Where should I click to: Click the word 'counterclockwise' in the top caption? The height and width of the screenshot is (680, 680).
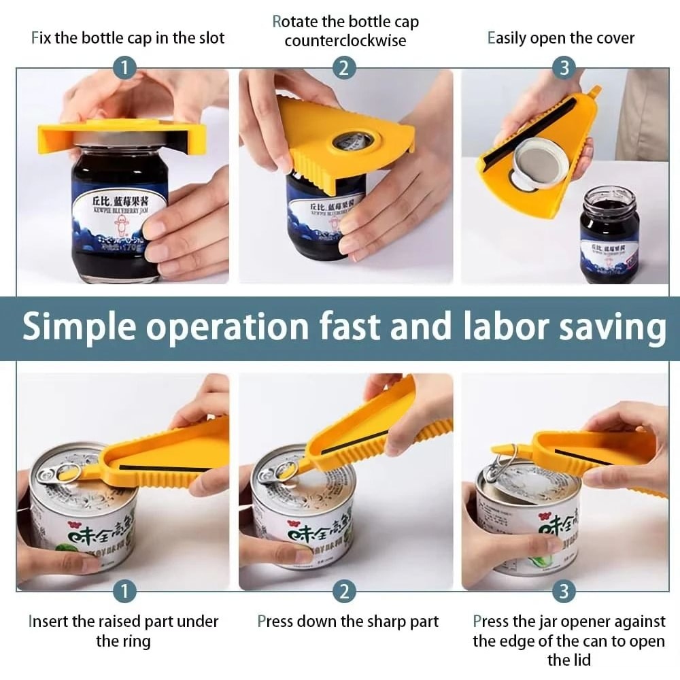[x=345, y=41]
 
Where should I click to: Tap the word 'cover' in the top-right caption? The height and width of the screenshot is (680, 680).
[x=611, y=38]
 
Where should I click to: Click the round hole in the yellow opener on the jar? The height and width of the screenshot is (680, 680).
[x=351, y=141]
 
